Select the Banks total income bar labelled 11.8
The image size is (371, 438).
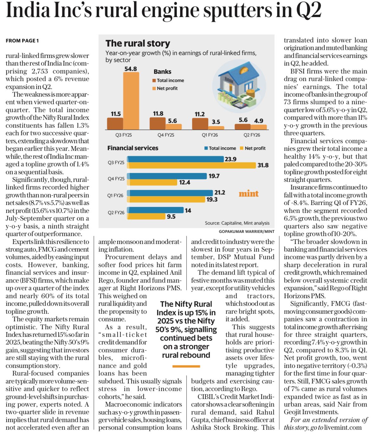pos(158,124)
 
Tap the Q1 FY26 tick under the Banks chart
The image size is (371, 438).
pos(210,135)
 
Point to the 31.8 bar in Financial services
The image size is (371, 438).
pos(192,165)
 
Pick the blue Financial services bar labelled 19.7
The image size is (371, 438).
pos(167,176)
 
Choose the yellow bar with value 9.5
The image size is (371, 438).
pos(147,216)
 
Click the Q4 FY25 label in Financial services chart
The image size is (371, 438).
pos(116,179)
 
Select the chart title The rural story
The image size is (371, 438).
pos(138,43)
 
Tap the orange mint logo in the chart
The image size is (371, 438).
pos(249,194)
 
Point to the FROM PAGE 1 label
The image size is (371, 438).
pos(22,41)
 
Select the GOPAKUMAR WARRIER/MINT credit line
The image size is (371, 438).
pos(246,232)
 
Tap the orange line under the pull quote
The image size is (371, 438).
pos(186,366)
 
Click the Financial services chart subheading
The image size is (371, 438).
pos(133,148)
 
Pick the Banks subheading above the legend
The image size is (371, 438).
pos(162,72)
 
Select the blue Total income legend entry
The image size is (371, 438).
pos(220,148)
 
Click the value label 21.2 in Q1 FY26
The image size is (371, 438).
pos(220,192)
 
